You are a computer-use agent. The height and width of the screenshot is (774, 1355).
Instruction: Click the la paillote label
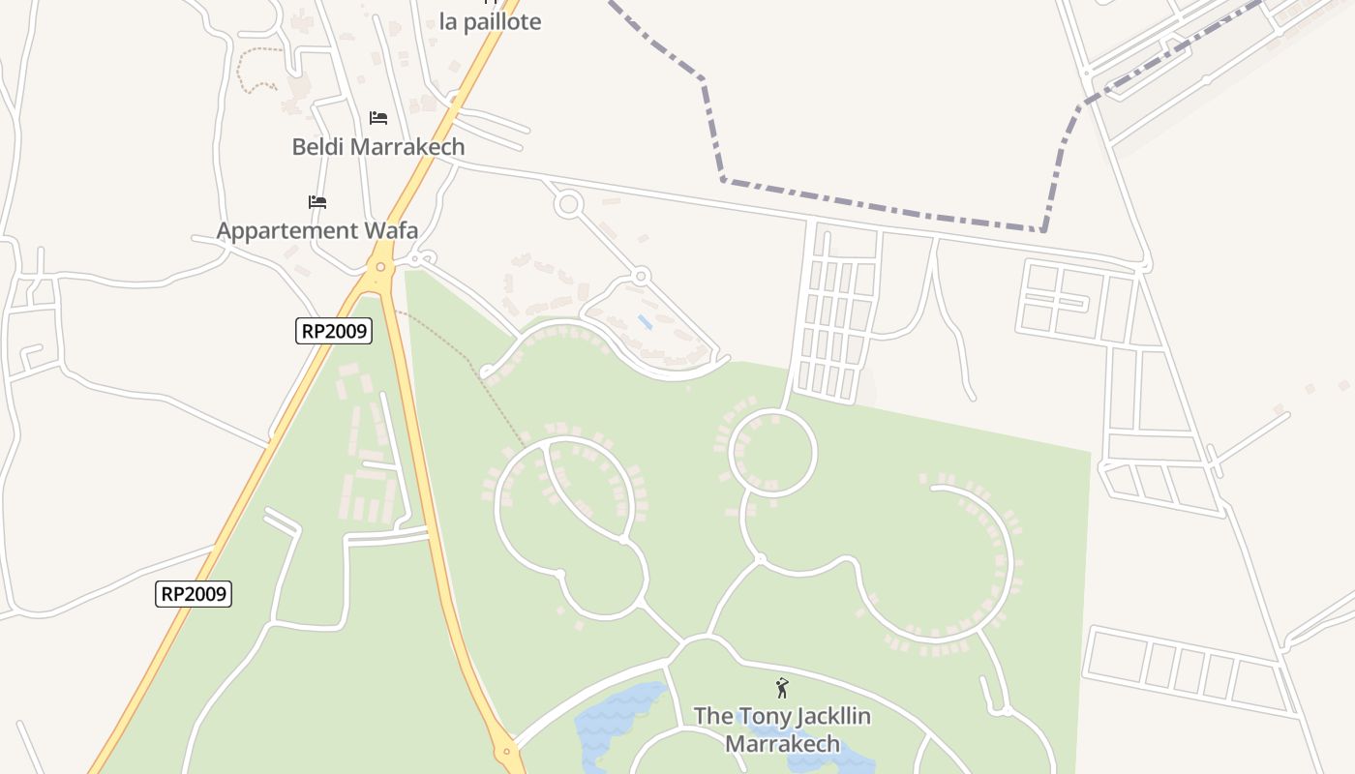(x=490, y=22)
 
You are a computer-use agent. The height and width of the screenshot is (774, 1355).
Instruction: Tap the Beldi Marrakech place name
(x=378, y=147)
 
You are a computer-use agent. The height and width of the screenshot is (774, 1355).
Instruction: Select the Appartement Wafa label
(x=316, y=230)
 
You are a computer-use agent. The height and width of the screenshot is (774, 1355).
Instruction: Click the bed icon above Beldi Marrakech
(x=378, y=118)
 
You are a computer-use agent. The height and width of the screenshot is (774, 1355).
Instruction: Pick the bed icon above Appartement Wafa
(x=317, y=202)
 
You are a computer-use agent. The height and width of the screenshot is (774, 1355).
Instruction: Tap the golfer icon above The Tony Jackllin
(x=782, y=688)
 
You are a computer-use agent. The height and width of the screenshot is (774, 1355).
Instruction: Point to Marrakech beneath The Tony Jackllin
(x=782, y=744)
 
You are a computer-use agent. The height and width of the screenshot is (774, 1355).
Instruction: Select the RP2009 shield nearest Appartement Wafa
(x=334, y=331)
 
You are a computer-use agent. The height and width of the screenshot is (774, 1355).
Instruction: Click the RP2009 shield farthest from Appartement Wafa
(x=194, y=593)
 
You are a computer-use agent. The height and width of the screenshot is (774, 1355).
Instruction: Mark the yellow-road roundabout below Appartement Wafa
(x=381, y=267)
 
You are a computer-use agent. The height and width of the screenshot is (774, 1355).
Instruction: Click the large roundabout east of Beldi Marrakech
(x=568, y=204)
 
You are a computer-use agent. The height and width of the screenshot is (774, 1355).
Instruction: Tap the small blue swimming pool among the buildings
(x=645, y=321)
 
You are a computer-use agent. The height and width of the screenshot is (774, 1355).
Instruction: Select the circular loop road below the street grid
(x=772, y=453)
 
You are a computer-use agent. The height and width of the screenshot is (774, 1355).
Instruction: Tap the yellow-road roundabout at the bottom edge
(x=506, y=751)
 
